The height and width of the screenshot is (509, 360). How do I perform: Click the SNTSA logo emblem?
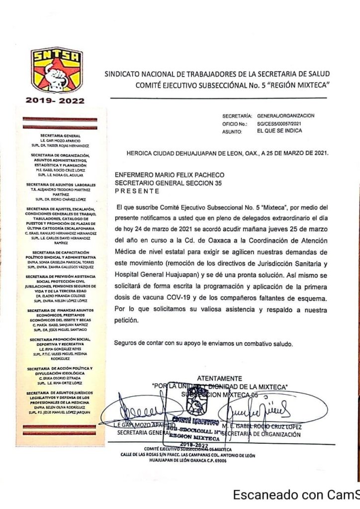(x=57, y=71)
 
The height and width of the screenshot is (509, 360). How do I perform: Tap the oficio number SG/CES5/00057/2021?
(x=280, y=123)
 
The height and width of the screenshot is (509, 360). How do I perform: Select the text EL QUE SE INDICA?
(x=279, y=131)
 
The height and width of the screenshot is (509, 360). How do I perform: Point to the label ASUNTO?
(x=232, y=131)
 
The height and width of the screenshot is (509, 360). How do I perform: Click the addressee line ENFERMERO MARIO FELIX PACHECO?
(x=170, y=175)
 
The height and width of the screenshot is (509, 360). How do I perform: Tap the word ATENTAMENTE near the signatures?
(x=220, y=379)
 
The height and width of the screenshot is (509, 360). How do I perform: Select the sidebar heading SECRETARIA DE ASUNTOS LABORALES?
(x=60, y=184)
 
